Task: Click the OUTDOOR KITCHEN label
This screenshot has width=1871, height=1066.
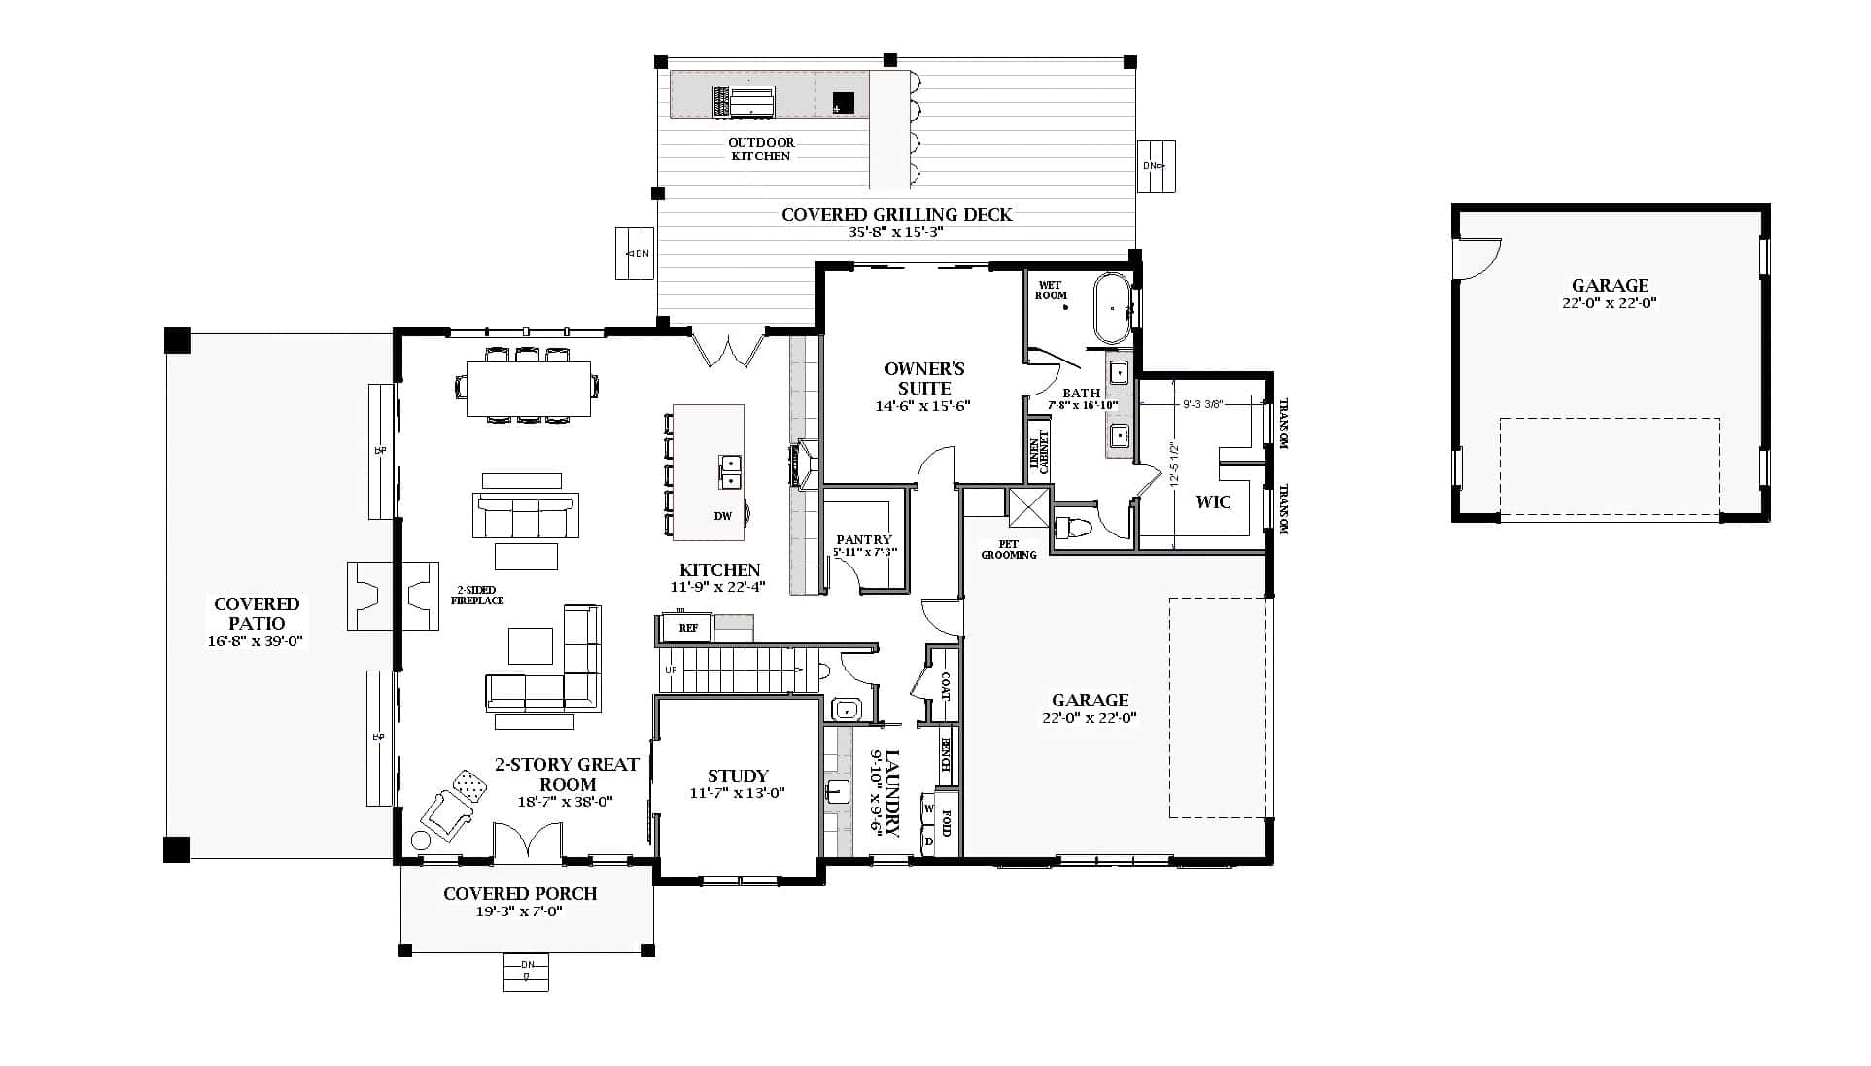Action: coord(761,149)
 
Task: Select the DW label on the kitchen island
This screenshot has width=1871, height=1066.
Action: coord(722,516)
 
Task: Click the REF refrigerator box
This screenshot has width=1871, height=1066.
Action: coord(688,628)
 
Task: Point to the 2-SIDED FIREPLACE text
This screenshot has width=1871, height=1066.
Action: coord(476,595)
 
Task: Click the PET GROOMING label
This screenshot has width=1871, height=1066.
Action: coord(1008,550)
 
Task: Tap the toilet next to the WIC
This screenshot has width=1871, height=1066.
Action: coord(1075,528)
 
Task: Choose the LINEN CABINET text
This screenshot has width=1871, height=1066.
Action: coord(1039,452)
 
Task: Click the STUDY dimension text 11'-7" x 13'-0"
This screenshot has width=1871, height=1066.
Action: coord(737,793)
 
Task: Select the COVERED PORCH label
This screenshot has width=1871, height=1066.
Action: coord(520,893)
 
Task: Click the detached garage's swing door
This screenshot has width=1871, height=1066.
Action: coord(1477,258)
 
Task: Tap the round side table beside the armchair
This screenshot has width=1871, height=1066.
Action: coord(422,840)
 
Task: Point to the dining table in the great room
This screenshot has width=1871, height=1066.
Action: coord(529,389)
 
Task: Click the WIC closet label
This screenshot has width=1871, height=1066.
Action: coord(1213,501)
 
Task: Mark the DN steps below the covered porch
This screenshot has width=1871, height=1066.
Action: coord(526,972)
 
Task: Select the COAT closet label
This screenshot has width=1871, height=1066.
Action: coord(944,686)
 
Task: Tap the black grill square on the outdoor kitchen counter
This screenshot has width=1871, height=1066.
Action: coord(843,102)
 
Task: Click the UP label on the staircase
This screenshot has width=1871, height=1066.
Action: coord(671,671)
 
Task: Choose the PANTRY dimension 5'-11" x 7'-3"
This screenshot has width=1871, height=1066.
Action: coord(864,552)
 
